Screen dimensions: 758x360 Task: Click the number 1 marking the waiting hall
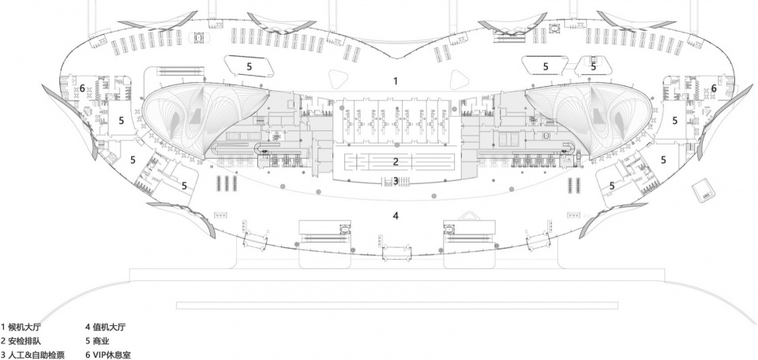pos(396,81)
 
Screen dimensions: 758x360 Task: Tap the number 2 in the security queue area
pos(396,162)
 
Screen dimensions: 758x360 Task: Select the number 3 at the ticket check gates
pos(396,181)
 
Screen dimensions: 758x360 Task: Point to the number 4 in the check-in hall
pos(396,216)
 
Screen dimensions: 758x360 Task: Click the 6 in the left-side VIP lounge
pos(83,88)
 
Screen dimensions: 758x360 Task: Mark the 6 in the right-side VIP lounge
pos(714,88)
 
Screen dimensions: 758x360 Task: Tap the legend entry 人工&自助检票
pos(36,355)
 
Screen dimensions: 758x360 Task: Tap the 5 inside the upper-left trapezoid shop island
pos(250,66)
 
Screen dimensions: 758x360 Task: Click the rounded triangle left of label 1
pos(338,79)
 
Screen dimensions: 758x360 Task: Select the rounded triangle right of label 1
pos(460,79)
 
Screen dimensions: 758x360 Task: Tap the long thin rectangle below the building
pos(397,306)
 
